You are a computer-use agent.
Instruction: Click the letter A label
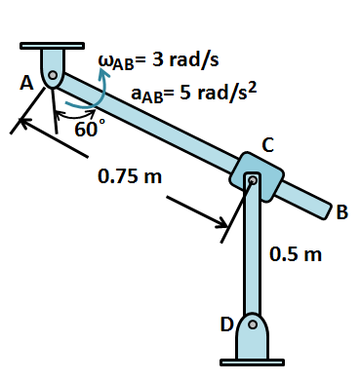pos(26,84)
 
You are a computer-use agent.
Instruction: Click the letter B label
pos(342,212)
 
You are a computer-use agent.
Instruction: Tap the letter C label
pos(268,145)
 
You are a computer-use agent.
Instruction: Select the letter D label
pos(227,324)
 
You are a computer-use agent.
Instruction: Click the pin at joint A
pos(53,75)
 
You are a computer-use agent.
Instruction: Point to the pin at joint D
pos(253,324)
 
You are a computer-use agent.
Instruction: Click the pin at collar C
pos(253,180)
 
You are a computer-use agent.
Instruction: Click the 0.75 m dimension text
pos(130,176)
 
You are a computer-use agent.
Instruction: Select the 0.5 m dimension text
pos(296,253)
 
